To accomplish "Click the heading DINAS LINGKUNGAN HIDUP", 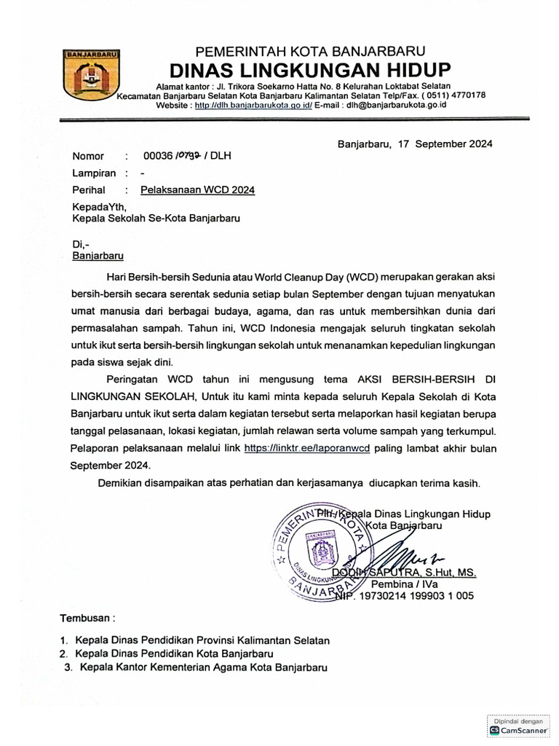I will click(x=310, y=70).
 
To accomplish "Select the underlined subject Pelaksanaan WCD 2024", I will click(x=197, y=190).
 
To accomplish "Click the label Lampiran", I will click(x=92, y=173).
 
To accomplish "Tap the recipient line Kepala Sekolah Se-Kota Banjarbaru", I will click(x=156, y=218).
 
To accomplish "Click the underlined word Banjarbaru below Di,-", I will click(x=98, y=256).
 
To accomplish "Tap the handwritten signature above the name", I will click(x=408, y=557).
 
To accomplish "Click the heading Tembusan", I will click(x=87, y=618).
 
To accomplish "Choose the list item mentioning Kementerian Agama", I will click(x=196, y=667).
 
